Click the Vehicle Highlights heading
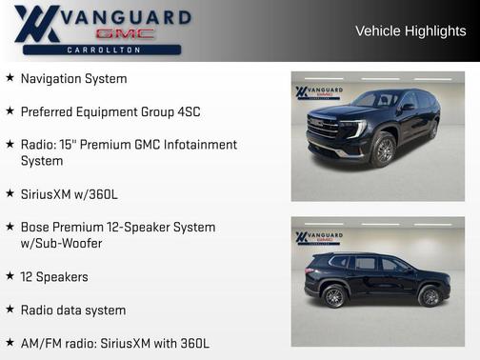pyautogui.click(x=410, y=30)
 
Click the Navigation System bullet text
pyautogui.click(x=73, y=79)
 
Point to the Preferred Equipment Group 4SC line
pyautogui.click(x=110, y=111)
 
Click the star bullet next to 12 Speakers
pyautogui.click(x=10, y=276)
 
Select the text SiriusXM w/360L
pyautogui.click(x=70, y=194)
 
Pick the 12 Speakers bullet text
pyautogui.click(x=54, y=276)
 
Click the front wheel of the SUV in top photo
pyautogui.click(x=383, y=150)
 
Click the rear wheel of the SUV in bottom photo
pyautogui.click(x=334, y=296)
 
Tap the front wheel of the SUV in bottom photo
pyautogui.click(x=430, y=296)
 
